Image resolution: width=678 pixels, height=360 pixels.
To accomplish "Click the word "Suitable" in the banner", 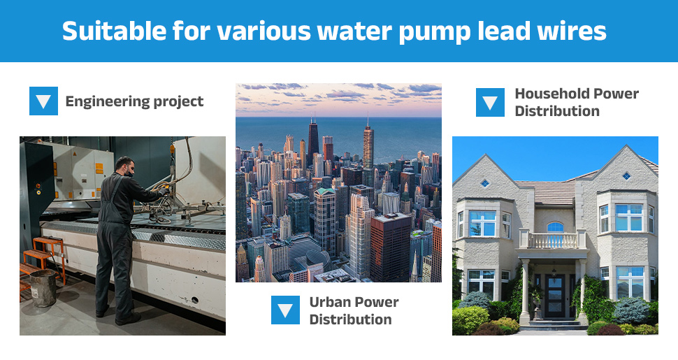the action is pos(114,31).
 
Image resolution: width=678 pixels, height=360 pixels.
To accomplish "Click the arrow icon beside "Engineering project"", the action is pos(43,101).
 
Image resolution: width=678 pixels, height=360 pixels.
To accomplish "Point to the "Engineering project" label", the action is pos(134,101).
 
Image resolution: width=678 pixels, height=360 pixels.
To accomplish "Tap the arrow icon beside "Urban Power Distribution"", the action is pos(285,310).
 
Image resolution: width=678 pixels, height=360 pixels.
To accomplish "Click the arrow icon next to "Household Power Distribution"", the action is pos(491,102).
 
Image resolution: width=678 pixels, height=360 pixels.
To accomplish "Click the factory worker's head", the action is pos(124,166).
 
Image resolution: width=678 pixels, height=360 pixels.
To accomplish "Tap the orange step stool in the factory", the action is pos(45,259).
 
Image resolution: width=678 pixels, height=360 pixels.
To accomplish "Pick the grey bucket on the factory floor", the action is pos(43,288).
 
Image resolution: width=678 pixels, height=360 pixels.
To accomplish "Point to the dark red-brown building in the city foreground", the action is pos(391,247).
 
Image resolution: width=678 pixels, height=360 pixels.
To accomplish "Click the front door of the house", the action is pos(554,296).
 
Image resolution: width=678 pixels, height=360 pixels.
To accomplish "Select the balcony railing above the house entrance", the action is pos(553,240).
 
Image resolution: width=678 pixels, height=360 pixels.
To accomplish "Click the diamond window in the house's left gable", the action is pos(485,183).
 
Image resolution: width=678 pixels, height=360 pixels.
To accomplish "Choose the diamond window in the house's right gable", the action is pos(626,175).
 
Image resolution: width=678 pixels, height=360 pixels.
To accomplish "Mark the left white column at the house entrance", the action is pos(525,291).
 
